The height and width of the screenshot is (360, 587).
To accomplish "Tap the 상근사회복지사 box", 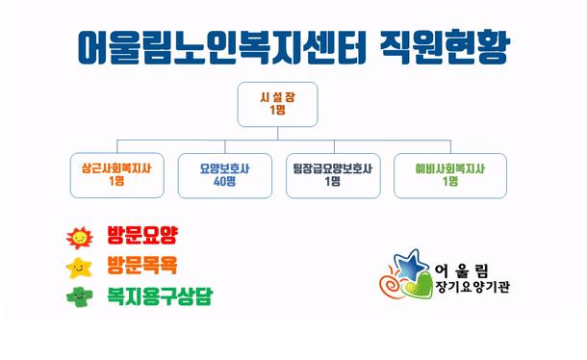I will (116, 173).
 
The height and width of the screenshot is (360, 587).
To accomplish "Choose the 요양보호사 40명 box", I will (224, 173).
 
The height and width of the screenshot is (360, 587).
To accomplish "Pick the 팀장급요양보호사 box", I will (333, 173).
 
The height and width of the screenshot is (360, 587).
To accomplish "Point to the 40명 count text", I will (224, 181).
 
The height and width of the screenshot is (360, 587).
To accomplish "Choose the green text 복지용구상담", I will (160, 295).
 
